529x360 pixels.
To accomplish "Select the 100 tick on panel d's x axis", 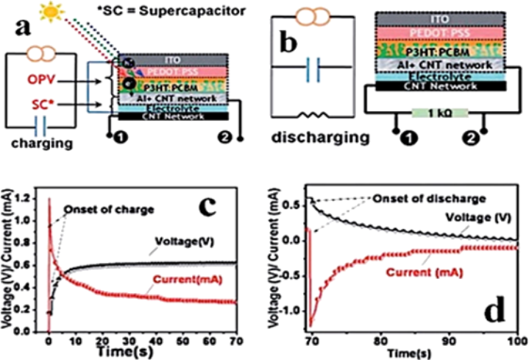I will click(517, 341).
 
